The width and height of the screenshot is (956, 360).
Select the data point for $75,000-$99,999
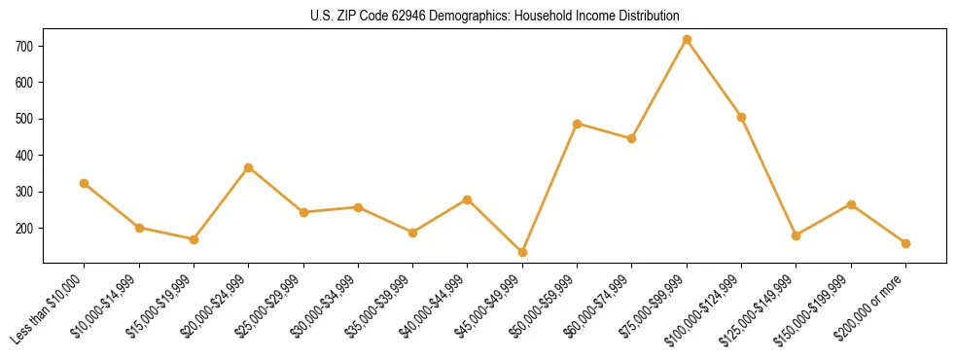(687, 40)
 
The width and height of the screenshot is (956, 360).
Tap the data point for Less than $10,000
(85, 183)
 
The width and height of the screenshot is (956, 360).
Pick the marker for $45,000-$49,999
(522, 252)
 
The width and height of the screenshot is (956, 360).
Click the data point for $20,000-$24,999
(249, 167)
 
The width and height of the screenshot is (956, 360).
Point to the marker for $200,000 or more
(905, 243)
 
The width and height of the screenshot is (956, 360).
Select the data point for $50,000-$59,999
(578, 124)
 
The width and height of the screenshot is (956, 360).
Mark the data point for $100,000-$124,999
(741, 117)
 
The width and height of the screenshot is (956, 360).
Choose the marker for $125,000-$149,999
(797, 235)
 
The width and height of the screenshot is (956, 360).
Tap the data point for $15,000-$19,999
(194, 239)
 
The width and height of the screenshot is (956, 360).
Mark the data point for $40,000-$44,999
(468, 199)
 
